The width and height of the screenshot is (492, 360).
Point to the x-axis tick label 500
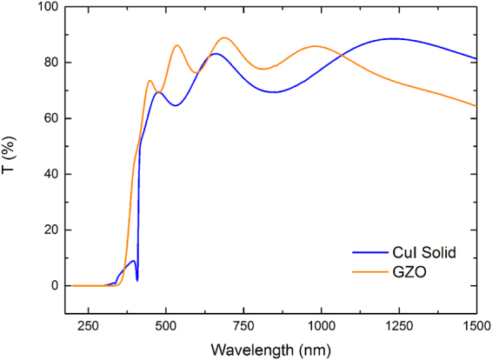tap(165, 325)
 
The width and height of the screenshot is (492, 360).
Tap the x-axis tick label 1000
tap(321, 325)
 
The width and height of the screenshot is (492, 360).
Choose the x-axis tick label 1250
tap(399, 325)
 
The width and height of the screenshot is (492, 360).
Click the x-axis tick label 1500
tap(475, 325)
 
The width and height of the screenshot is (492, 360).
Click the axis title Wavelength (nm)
tap(269, 349)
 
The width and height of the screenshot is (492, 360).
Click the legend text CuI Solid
tap(425, 252)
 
